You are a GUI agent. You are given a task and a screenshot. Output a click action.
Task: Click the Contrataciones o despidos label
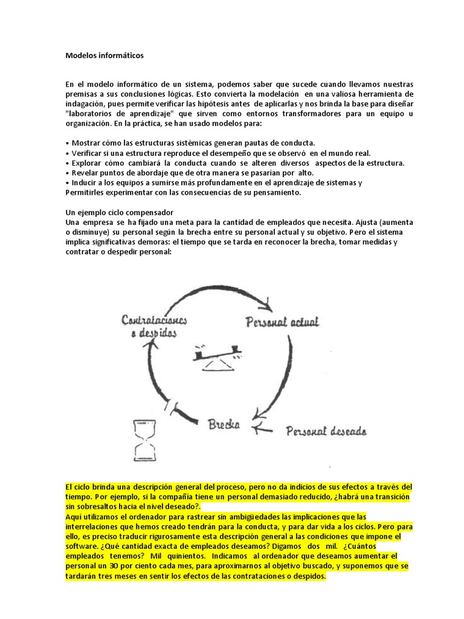tap(153, 326)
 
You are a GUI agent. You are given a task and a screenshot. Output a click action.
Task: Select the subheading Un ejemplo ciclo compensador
tap(119, 213)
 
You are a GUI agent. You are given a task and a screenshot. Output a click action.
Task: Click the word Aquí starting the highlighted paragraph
tap(74, 516)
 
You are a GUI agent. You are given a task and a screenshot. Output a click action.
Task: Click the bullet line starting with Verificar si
tap(217, 153)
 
